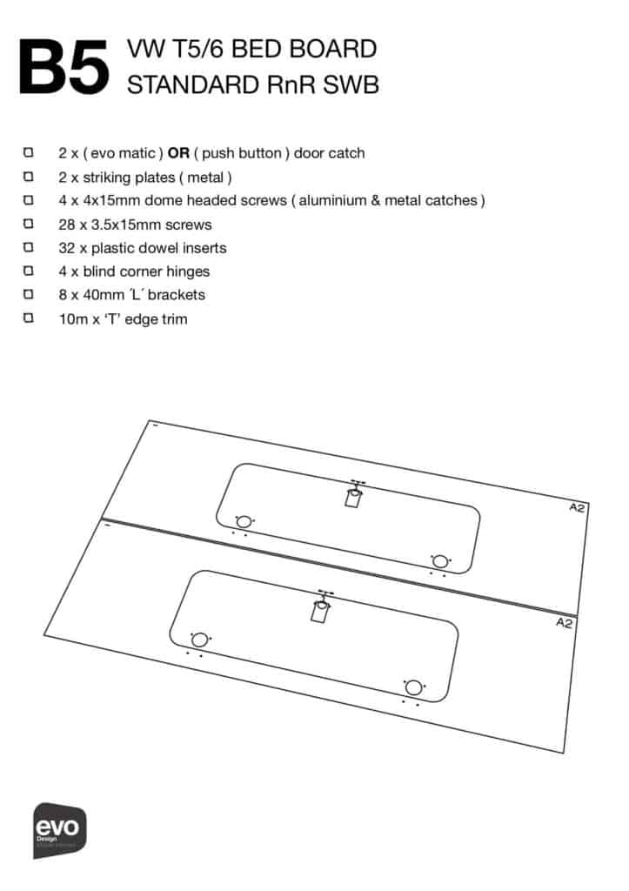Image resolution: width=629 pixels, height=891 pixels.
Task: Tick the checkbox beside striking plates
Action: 29,177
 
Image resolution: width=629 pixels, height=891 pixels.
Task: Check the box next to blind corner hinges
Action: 29,271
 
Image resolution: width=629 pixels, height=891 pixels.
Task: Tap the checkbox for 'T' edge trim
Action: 29,318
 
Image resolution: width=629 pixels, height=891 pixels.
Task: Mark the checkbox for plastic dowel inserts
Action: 29,248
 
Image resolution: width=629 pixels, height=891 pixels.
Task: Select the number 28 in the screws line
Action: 67,224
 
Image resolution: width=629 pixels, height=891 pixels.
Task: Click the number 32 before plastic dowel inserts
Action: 67,248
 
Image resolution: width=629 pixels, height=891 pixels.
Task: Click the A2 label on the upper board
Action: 577,507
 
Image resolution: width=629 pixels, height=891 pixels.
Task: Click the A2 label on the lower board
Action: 564,623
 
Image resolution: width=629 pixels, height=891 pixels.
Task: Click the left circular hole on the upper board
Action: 244,521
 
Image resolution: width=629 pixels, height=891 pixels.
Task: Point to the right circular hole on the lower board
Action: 413,687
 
